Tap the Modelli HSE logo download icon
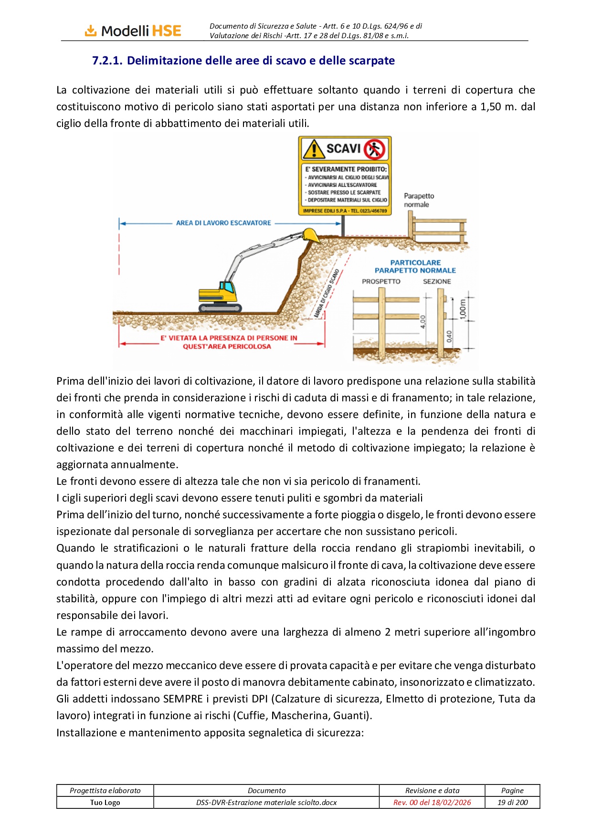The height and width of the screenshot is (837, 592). (90, 31)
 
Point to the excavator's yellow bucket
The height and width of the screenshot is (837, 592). (310, 235)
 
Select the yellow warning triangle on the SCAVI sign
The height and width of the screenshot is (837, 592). (314, 149)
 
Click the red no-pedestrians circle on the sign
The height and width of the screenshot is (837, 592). (374, 149)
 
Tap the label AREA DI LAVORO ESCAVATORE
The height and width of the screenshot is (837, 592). (223, 223)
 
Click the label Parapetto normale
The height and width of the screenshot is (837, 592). (419, 200)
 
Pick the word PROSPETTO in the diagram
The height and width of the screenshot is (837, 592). (381, 281)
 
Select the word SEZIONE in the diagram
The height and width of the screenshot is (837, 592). (436, 281)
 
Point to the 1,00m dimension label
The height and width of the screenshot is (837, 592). (462, 310)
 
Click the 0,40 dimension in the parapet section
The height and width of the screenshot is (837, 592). (449, 336)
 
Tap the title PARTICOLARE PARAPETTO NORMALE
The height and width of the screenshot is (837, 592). (415, 266)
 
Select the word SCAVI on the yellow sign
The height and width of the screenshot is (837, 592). (343, 148)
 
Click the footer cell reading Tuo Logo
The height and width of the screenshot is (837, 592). (105, 802)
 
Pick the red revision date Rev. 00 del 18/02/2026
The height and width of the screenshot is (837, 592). (432, 802)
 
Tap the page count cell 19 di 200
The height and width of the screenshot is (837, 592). (512, 802)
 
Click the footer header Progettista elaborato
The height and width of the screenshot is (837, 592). (105, 790)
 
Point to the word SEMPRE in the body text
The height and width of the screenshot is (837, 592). (183, 699)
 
